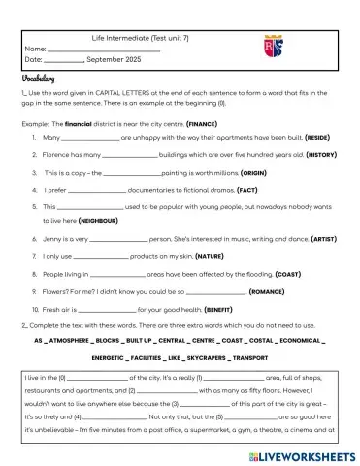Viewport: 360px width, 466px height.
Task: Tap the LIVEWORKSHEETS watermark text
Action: (x=310, y=455)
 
